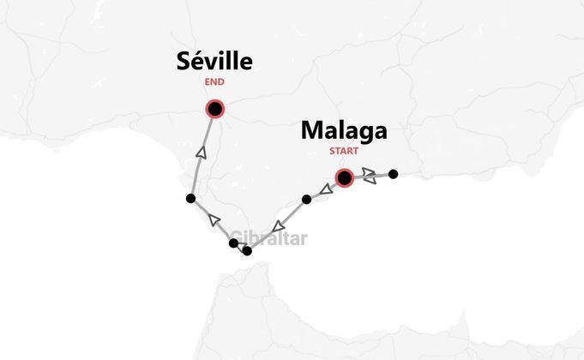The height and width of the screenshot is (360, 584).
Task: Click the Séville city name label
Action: click(214, 62)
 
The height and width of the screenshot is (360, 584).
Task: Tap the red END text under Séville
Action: click(214, 83)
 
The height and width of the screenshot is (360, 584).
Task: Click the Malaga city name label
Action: click(344, 131)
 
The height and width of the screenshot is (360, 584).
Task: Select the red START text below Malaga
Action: click(344, 153)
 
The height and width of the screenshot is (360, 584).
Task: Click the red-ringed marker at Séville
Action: click(214, 109)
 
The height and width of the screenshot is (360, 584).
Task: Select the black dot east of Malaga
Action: click(393, 174)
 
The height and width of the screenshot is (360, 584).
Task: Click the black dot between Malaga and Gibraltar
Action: click(306, 200)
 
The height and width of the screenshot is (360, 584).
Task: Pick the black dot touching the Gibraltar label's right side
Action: click(248, 251)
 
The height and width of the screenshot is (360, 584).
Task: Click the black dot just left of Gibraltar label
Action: click(233, 243)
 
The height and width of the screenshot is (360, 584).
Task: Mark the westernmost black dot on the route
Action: click(190, 198)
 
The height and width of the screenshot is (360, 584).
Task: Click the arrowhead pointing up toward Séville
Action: click(202, 153)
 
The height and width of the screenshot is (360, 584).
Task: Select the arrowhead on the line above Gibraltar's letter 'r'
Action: click(277, 226)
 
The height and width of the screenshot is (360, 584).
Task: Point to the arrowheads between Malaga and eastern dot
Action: click(368, 176)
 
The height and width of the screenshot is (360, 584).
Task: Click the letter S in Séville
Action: click(184, 62)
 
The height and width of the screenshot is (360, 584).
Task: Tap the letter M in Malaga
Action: click(311, 131)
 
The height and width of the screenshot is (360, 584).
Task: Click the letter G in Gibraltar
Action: click(236, 238)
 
